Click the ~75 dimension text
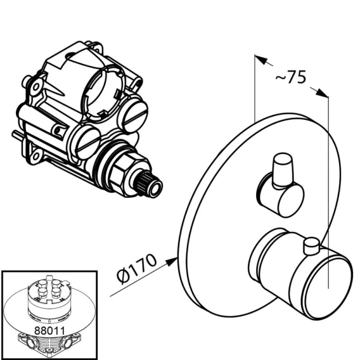(x=291, y=77)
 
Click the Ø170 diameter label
(x=137, y=269)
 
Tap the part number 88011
(x=49, y=331)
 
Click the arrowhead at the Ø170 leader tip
(x=172, y=262)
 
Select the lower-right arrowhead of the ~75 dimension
(x=322, y=93)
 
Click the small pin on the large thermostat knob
(x=311, y=247)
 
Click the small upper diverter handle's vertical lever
(x=283, y=169)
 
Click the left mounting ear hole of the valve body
(x=36, y=87)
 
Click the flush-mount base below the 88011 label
(x=49, y=345)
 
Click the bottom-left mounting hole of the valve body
(x=36, y=157)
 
